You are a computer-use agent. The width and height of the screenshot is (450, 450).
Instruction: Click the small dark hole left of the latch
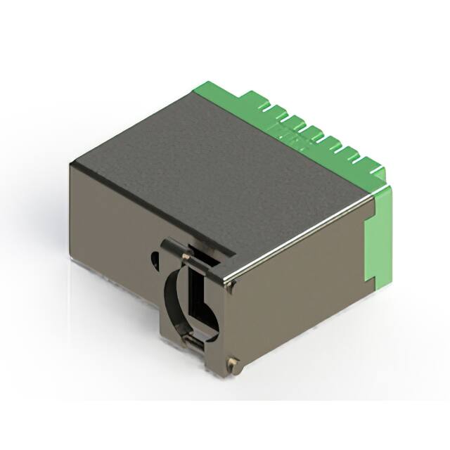[x=155, y=261]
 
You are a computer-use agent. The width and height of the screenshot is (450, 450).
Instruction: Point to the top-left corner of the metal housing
[x=72, y=163]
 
